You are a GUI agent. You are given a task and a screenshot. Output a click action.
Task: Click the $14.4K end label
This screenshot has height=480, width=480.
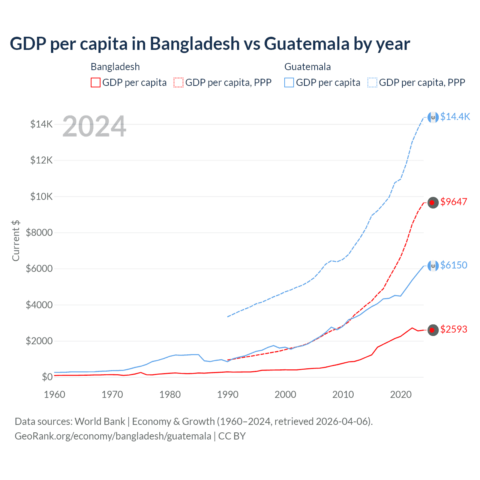(455, 117)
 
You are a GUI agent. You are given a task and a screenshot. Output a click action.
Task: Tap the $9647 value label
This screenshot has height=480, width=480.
(454, 202)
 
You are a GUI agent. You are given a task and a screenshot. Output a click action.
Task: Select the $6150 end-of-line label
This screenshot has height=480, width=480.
(454, 265)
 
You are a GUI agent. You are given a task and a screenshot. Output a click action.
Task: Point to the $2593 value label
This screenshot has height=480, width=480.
(454, 329)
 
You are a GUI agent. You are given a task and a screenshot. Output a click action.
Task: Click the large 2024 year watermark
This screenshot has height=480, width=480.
(94, 126)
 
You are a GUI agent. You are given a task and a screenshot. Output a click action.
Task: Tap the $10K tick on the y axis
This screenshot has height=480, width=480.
(41, 196)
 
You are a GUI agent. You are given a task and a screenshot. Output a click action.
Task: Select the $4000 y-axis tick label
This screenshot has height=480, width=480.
(39, 305)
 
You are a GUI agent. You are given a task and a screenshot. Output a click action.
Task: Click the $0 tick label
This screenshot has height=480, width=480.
(47, 377)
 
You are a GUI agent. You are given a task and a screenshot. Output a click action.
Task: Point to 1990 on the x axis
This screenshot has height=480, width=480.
(228, 394)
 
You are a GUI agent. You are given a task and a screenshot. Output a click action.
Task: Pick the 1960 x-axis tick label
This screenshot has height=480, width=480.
(55, 394)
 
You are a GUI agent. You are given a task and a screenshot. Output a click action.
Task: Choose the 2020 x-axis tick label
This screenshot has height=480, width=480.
(401, 394)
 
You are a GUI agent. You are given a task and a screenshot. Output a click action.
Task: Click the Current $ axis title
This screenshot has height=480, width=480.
(16, 240)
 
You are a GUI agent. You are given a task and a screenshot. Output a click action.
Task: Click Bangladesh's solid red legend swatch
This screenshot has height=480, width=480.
(96, 82)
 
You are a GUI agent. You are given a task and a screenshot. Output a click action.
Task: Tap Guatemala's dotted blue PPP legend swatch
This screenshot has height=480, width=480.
(372, 82)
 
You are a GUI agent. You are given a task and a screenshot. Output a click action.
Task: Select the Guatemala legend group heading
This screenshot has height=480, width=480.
(307, 67)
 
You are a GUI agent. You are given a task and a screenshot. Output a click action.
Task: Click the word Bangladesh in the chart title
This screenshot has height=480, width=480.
(195, 43)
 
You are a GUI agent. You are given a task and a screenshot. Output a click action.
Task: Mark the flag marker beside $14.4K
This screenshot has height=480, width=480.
(433, 117)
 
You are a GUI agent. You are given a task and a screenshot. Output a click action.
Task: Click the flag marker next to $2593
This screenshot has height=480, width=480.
(433, 330)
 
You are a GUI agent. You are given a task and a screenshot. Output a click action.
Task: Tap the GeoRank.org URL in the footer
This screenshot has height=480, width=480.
(113, 436)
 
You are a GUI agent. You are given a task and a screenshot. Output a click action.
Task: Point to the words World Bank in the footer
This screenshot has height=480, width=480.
(100, 421)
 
